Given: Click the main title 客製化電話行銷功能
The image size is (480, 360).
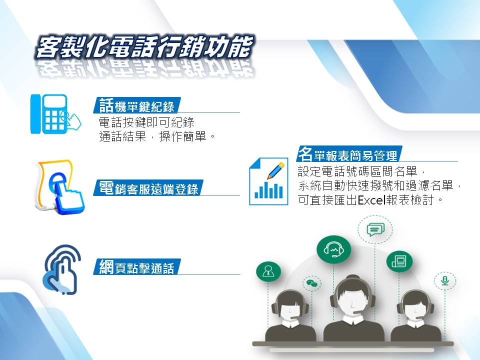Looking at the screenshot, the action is point(144,47).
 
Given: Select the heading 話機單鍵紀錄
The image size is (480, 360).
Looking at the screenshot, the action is point(137,105).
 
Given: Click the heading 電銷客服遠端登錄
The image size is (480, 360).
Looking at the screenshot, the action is point(148,188).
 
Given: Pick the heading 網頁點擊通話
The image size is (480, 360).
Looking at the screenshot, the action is point(137,267).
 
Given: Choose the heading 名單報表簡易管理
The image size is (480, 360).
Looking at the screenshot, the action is point(348,154).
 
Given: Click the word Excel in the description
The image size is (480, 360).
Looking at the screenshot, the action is point(371,200).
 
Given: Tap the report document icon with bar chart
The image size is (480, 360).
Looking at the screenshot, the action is point(268,181).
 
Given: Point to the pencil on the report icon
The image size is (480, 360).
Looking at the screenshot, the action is point(275,171).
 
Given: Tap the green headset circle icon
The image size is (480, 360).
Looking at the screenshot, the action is point(333,249).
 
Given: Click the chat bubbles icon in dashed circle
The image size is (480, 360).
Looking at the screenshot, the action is point(375,229).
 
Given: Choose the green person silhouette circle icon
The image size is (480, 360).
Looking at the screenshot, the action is point(268,271).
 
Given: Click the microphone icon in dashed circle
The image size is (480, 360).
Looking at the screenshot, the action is point(445,281).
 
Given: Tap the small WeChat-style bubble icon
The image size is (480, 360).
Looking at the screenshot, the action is point(312,283).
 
